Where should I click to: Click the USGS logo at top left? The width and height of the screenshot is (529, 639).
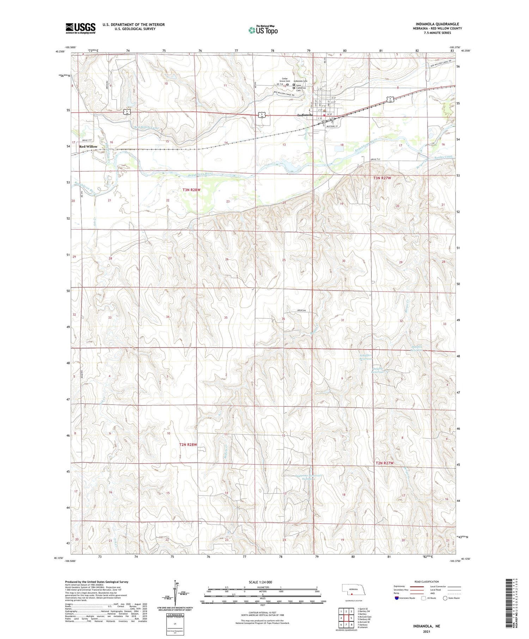tap(80, 28)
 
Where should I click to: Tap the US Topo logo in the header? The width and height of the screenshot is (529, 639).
tap(263, 30)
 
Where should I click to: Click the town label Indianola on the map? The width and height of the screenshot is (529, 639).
tap(305, 115)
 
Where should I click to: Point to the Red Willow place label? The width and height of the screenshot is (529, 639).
tap(88, 147)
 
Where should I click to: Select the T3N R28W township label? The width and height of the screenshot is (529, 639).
tap(191, 190)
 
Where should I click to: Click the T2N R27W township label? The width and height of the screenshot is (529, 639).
tap(384, 463)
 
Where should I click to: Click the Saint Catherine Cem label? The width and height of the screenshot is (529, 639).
tap(300, 88)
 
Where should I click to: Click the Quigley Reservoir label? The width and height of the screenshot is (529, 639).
tap(378, 370)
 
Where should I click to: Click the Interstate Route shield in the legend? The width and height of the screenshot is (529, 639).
tap(397, 598)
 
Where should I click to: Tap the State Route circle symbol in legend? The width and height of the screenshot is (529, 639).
tap(445, 598)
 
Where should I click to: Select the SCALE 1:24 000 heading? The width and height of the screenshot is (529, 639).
tap(260, 582)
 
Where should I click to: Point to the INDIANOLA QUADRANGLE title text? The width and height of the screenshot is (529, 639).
tap(437, 24)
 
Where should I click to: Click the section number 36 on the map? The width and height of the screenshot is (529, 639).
tap(283, 319)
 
